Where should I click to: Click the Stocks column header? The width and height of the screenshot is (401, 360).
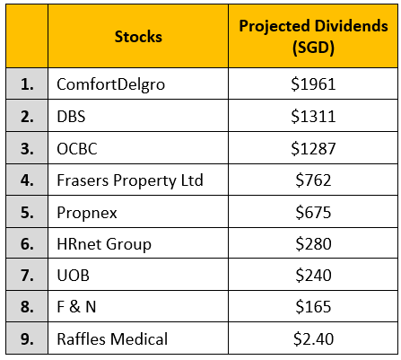tap(138, 37)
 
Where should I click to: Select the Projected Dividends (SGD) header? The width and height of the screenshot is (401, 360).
tap(312, 37)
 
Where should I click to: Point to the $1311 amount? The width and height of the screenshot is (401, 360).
tap(312, 116)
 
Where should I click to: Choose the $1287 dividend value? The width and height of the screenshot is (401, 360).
tap(312, 148)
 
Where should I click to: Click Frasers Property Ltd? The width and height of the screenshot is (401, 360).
tap(130, 180)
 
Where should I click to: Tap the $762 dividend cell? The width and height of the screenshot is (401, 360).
tap(312, 180)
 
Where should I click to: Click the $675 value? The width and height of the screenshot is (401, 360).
tap(312, 213)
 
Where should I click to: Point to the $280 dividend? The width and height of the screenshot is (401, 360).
tap(312, 245)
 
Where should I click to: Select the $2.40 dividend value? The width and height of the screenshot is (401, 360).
tap(312, 339)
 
